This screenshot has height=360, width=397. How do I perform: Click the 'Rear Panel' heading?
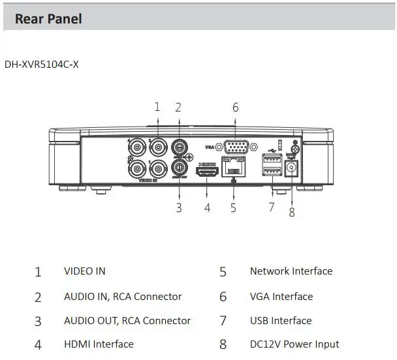[48, 18]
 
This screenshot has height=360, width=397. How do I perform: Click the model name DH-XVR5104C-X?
[41, 65]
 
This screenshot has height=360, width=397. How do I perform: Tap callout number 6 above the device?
[235, 107]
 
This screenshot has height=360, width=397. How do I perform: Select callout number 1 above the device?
[157, 107]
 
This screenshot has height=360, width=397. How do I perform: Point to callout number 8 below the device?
[291, 212]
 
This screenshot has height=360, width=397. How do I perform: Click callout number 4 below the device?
[207, 208]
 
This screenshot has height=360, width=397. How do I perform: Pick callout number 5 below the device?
[233, 208]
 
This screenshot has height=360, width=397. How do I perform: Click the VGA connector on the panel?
[234, 147]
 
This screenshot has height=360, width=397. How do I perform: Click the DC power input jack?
[291, 168]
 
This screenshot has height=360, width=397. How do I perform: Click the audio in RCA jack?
[180, 147]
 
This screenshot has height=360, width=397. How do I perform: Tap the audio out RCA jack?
[180, 168]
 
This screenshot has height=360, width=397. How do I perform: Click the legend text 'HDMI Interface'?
[99, 344]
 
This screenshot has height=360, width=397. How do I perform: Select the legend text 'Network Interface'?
[291, 271]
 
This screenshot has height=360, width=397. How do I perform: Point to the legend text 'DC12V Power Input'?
[294, 344]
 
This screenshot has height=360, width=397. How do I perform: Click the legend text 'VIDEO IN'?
[84, 271]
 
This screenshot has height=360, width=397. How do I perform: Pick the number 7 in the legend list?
[223, 321]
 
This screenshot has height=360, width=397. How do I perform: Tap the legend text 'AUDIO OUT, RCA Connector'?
[127, 320]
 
